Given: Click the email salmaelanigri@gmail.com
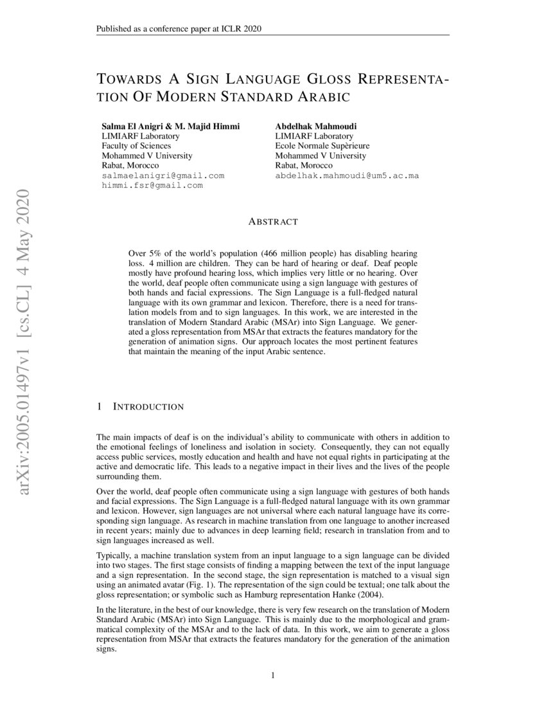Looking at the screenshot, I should (163, 175).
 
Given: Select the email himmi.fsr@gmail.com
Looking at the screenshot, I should (152, 185).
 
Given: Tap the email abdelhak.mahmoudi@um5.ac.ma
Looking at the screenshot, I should (347, 175).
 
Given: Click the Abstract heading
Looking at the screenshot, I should (273, 222).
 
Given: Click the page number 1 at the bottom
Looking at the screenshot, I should (273, 676).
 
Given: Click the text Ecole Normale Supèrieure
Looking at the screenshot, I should (322, 146).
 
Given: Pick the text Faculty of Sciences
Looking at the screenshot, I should (136, 146).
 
